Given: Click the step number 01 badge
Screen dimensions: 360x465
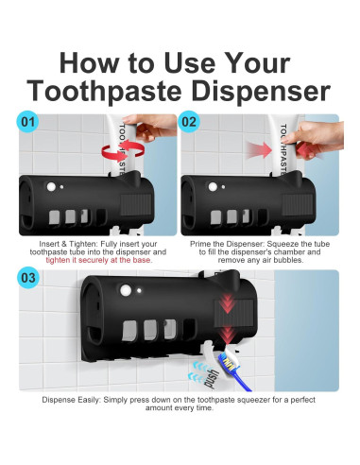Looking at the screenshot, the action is coord(27,122).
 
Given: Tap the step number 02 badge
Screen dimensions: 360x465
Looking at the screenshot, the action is coord(189,122).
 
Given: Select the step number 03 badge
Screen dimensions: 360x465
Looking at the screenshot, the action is coord(28,278).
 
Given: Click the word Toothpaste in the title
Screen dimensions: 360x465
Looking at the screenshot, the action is coord(105,91).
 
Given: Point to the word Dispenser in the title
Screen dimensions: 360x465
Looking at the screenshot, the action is coord(261,91).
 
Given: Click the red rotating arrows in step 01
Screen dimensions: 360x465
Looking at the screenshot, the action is coord(123,151).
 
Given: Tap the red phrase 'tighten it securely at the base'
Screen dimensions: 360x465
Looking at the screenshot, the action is coord(98,260).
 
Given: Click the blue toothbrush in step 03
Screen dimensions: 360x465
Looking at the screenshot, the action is coord(234,371).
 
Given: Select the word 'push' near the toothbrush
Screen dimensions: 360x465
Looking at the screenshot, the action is coord(212,379).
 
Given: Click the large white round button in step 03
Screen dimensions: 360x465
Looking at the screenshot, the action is coord(126,290).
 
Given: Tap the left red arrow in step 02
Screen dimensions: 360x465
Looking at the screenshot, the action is coord(259,150).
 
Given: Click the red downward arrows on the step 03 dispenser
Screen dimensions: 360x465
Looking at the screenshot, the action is coord(228,319).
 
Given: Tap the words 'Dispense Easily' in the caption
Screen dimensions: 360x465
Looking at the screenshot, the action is coord(71,400).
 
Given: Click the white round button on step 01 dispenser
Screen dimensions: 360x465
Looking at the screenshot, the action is coord(51,187).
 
